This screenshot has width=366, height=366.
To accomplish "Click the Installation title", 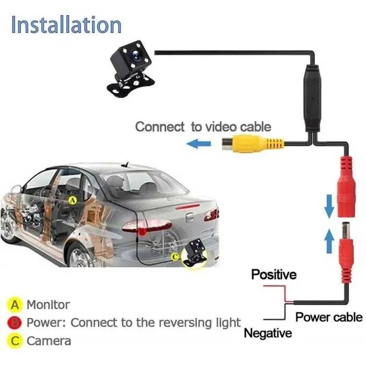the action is pyautogui.click(x=66, y=25).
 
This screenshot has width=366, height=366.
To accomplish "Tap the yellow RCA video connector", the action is pyautogui.click(x=253, y=143).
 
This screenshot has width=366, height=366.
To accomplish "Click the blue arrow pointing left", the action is pyautogui.click(x=199, y=144).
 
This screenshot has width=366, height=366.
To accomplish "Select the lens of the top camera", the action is pyautogui.click(x=135, y=55).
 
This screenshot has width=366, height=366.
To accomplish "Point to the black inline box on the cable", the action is pyautogui.click(x=312, y=98).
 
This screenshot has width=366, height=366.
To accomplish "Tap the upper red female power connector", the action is pyautogui.click(x=347, y=187).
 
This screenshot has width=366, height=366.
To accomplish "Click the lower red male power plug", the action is pyautogui.click(x=346, y=253).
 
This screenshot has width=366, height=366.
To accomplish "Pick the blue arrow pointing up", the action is pyautogui.click(x=329, y=241).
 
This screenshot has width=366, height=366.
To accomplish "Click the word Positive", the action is pyautogui.click(x=274, y=274).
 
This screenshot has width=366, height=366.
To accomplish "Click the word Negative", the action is pyautogui.click(x=268, y=333).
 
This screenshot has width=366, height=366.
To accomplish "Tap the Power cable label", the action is pyautogui.click(x=329, y=317).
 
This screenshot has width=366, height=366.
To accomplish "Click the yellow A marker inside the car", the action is pyautogui.click(x=73, y=200).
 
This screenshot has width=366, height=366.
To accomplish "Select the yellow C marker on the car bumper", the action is pyautogui.click(x=175, y=257).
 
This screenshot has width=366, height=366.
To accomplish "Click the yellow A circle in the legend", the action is pyautogui.click(x=15, y=305).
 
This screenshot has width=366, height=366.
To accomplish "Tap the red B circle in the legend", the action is pyautogui.click(x=15, y=323).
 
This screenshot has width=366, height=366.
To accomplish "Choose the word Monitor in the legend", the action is pyautogui.click(x=48, y=305).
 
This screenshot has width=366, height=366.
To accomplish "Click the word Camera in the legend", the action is pyautogui.click(x=49, y=341).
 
